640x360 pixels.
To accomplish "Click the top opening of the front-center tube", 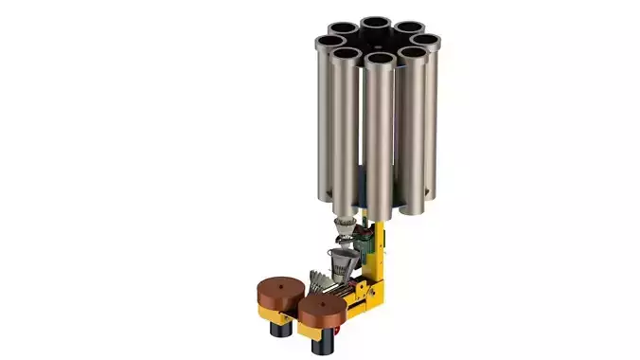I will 380,59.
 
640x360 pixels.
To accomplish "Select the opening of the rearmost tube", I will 376,22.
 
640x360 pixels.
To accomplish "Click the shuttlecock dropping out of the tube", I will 347,227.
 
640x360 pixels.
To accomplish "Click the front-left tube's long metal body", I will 346,133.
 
